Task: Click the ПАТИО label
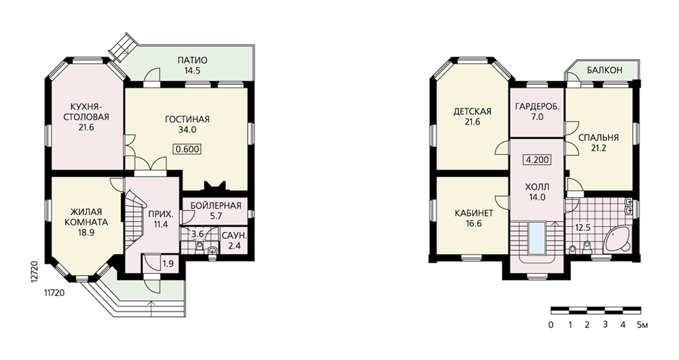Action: point(192,60)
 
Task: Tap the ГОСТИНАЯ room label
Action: point(187,119)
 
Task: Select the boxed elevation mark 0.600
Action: point(187,149)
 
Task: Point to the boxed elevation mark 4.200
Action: point(537,160)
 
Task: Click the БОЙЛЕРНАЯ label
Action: point(216,205)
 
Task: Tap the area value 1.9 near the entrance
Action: point(168,263)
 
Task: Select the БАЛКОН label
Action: point(604,70)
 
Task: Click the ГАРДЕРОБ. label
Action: point(537,106)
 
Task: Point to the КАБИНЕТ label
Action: point(474,213)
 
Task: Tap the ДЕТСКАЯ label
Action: point(472,111)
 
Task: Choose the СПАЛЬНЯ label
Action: point(598,138)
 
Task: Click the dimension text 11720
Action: point(54,293)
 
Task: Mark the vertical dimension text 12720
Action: point(35,272)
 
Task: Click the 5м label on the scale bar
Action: point(642,325)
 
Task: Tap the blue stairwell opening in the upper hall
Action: point(536,238)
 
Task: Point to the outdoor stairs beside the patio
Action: point(124,46)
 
